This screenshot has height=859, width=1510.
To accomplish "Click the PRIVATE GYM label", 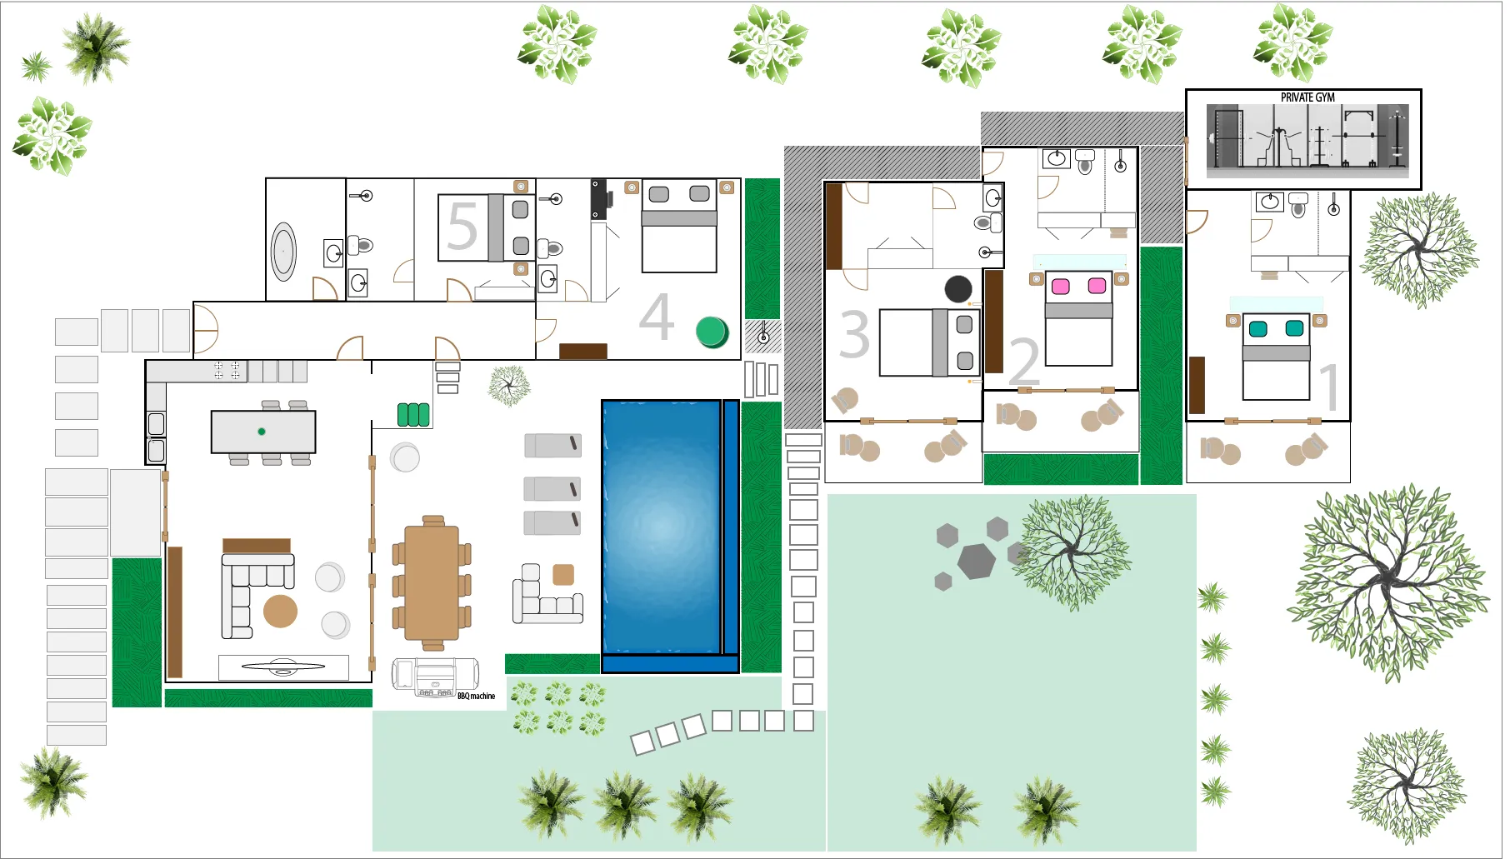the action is pos(1307,97).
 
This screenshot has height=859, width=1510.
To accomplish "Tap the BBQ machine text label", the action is pos(476,696).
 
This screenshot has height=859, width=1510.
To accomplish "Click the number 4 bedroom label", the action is pos(657,317).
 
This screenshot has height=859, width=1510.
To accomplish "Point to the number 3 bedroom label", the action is pos(854,334).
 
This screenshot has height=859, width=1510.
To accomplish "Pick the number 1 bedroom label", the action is pos(1330,387).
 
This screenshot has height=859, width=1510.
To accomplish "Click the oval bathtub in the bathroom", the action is pos(283,251).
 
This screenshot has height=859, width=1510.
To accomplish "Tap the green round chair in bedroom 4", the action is pos(712,332).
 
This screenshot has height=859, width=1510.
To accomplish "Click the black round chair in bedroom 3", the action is pos(958,288).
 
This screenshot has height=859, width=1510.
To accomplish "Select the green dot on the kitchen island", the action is pos(262,432).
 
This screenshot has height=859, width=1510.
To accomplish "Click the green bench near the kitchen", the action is pos(413,414).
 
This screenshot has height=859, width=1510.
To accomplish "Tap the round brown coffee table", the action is pos(281,611).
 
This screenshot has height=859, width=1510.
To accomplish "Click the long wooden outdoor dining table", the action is pos(432,582).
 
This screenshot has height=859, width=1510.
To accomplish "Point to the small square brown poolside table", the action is pos(563,575).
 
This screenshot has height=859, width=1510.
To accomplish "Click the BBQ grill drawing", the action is pos(435,677).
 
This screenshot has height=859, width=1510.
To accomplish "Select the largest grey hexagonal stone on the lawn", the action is pos(977,561).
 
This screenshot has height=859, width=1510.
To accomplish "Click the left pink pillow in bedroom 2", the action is pos(1061,287).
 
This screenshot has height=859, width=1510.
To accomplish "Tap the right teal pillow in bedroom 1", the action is pos(1294,328).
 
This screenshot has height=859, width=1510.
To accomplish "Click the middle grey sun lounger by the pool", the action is pos(552,488).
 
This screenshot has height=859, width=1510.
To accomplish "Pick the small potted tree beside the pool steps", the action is pos(508,386).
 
